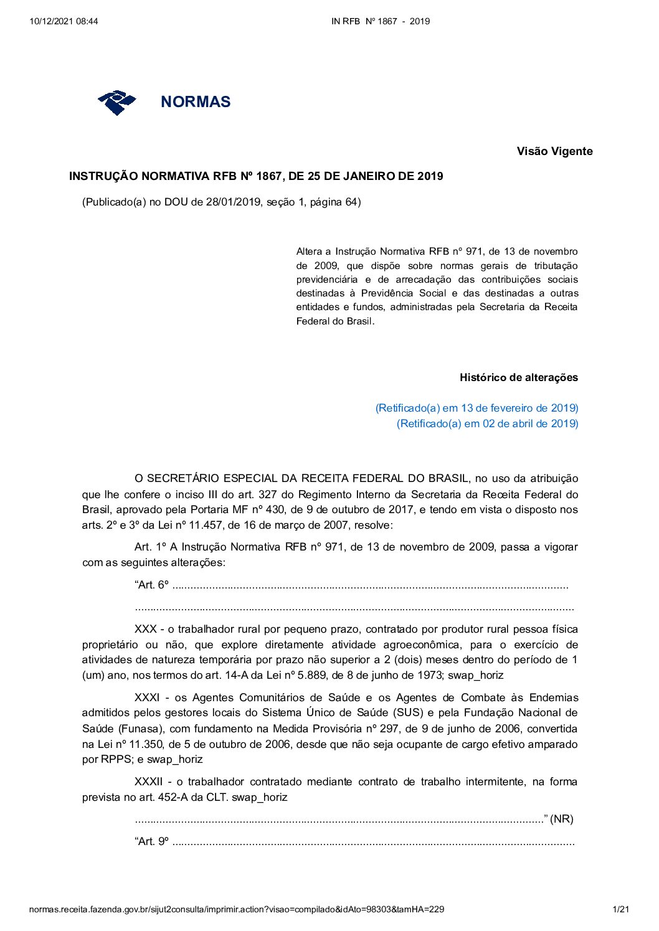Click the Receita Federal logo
[116, 102]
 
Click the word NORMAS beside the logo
[196, 102]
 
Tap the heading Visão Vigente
[554, 151]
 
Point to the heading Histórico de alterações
[518, 377]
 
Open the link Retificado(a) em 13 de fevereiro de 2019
[476, 408]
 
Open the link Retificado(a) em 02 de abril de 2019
[487, 423]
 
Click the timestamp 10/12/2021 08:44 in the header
[64, 21]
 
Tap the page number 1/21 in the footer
[621, 909]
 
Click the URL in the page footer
[237, 909]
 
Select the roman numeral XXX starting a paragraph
[145, 630]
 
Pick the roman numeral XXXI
[148, 697]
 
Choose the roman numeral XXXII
[149, 782]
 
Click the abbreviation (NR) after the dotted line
[562, 819]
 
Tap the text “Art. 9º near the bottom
[151, 841]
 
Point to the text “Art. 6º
[151, 585]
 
